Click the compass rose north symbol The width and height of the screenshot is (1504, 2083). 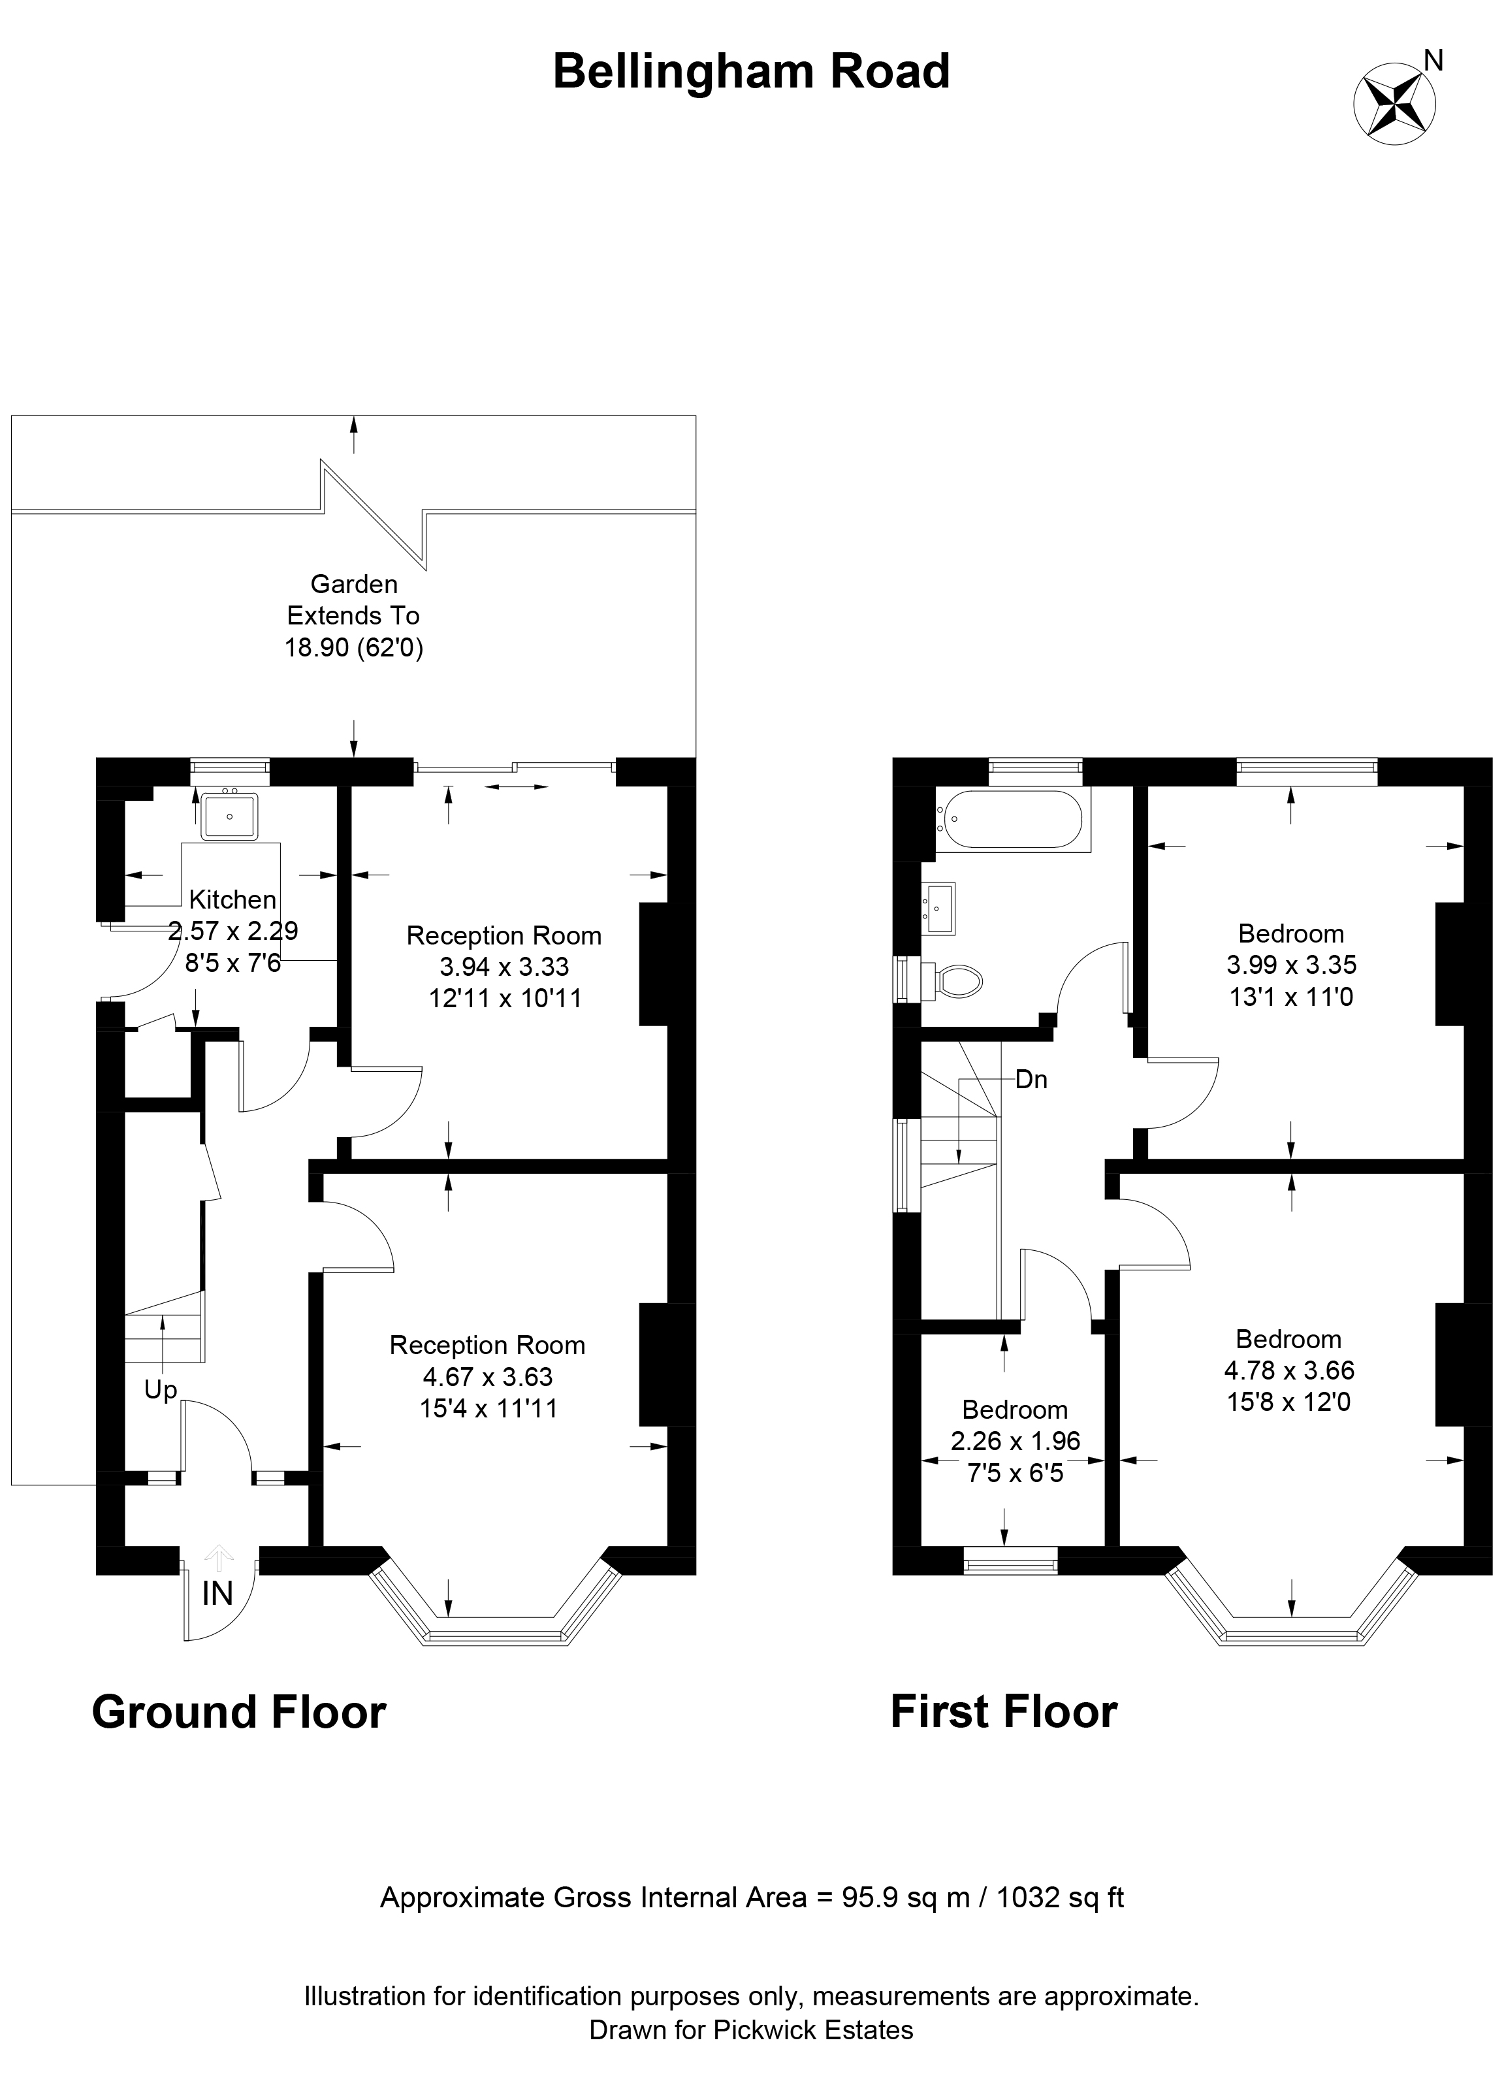1395,102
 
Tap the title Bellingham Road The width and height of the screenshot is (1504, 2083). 751,72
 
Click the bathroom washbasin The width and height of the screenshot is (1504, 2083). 938,909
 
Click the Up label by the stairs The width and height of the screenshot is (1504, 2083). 161,1391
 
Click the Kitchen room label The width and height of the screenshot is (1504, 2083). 232,900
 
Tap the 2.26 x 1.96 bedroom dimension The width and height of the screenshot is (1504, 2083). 1016,1441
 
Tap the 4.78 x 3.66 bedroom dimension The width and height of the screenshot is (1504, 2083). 1289,1371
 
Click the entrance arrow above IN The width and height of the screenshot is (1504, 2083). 219,1556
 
